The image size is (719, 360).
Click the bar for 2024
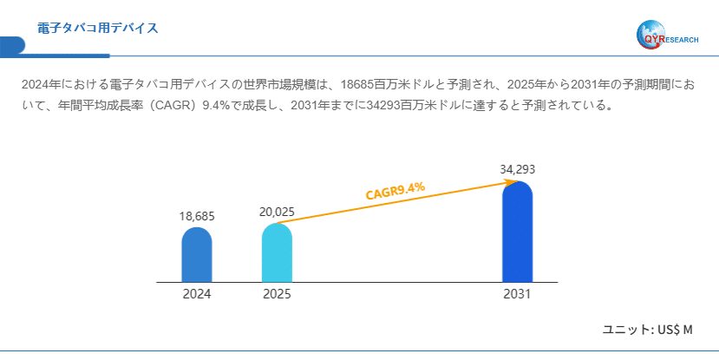pyautogui.click(x=197, y=255)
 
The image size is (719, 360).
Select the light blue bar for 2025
pyautogui.click(x=277, y=252)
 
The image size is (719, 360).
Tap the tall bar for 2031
pyautogui.click(x=517, y=232)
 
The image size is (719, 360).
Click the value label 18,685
pyautogui.click(x=197, y=216)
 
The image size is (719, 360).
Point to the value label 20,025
pyautogui.click(x=277, y=212)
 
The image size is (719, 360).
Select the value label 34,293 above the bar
pyautogui.click(x=517, y=168)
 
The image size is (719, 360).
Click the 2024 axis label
pyautogui.click(x=197, y=294)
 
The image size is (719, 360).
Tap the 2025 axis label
pyautogui.click(x=277, y=294)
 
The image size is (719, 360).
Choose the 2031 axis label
pyautogui.click(x=517, y=294)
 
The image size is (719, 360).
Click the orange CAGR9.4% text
pyautogui.click(x=395, y=191)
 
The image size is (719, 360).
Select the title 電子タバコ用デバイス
pyautogui.click(x=97, y=29)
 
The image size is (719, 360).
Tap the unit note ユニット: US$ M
pyautogui.click(x=648, y=330)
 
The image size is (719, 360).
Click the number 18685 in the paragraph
pyautogui.click(x=359, y=85)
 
